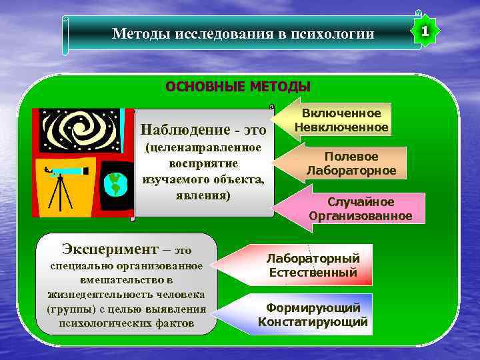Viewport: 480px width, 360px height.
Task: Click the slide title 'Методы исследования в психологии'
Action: (x=243, y=33)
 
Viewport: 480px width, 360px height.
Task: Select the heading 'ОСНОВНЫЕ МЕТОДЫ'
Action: (x=238, y=87)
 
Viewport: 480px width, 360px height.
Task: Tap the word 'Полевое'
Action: (x=351, y=157)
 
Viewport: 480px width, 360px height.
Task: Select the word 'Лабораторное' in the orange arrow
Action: (x=351, y=171)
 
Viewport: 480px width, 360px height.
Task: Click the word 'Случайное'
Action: (x=361, y=202)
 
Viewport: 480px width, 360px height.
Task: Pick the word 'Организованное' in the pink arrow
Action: (x=361, y=216)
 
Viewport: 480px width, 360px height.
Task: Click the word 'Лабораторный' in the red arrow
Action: (x=313, y=259)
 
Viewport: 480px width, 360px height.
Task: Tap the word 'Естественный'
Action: (x=313, y=273)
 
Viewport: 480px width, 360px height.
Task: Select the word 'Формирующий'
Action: (x=313, y=308)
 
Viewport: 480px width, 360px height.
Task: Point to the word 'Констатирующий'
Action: (x=313, y=322)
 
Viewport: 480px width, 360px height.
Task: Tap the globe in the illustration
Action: (x=115, y=185)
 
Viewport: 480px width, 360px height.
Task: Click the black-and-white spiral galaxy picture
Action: (x=79, y=129)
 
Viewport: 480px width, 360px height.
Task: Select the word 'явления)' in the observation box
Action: (x=204, y=197)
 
